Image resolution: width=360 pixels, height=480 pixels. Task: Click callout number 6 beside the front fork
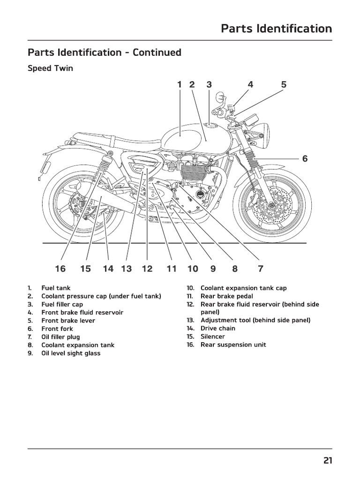pyautogui.click(x=305, y=158)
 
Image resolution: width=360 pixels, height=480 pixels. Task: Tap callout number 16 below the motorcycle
pyautogui.click(x=60, y=269)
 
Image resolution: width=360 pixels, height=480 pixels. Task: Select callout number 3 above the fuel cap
pyautogui.click(x=209, y=85)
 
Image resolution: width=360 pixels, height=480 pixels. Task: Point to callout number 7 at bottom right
pyautogui.click(x=261, y=269)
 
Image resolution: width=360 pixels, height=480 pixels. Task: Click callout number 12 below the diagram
pyautogui.click(x=147, y=269)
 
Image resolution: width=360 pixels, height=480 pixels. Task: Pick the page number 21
pyautogui.click(x=327, y=461)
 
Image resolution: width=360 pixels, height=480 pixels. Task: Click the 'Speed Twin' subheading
pyautogui.click(x=50, y=68)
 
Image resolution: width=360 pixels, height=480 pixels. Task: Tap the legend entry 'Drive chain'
pyautogui.click(x=218, y=328)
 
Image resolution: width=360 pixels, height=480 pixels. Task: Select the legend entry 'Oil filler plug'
pyautogui.click(x=60, y=337)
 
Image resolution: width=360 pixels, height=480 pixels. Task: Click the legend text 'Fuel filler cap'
pyautogui.click(x=62, y=304)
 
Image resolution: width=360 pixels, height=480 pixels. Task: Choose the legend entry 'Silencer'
pyautogui.click(x=213, y=337)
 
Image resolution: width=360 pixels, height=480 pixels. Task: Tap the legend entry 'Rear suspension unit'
pyautogui.click(x=233, y=345)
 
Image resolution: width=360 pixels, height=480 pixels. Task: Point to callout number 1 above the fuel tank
pyautogui.click(x=179, y=85)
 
